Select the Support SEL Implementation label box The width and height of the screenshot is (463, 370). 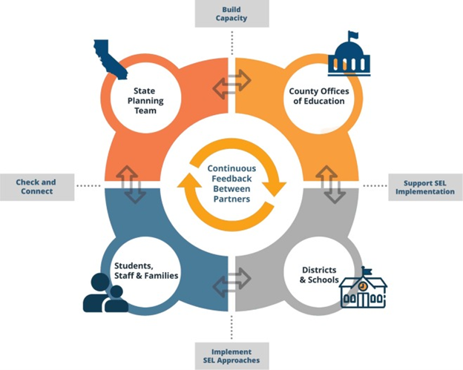pyautogui.click(x=428, y=186)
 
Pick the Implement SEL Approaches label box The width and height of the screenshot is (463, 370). pyautogui.click(x=231, y=357)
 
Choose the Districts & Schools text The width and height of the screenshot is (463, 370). pyautogui.click(x=318, y=275)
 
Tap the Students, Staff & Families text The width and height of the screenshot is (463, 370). pyautogui.click(x=145, y=271)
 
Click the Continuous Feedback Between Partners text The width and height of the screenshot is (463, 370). pyautogui.click(x=231, y=183)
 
